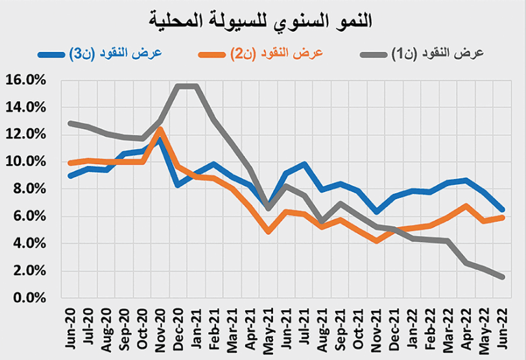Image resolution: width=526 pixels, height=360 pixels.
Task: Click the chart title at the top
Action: point(263,20)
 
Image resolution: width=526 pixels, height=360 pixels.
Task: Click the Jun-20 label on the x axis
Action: point(71,323)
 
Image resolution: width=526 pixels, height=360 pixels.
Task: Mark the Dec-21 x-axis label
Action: point(394,323)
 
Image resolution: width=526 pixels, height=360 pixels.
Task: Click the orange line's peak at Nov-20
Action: point(160,130)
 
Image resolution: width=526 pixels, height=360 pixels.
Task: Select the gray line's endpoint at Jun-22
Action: point(503,277)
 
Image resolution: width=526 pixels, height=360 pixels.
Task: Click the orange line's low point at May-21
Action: point(269,231)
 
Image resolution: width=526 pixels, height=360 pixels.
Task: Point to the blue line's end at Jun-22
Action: point(503,210)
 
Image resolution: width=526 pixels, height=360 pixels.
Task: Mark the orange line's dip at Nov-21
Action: point(376,241)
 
